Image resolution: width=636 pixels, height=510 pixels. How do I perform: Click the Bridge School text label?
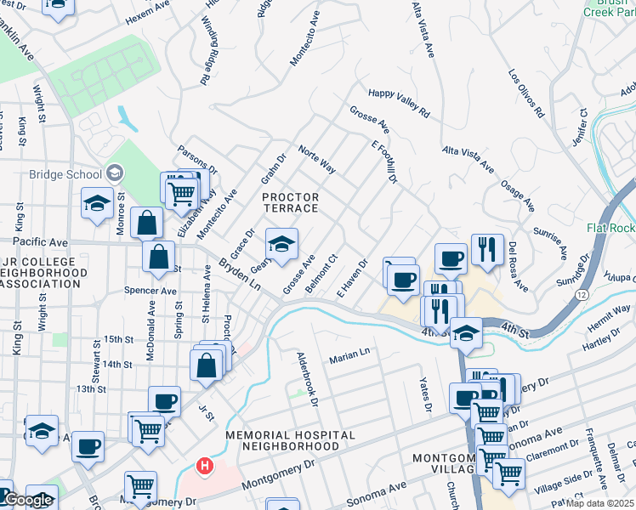click(65, 175)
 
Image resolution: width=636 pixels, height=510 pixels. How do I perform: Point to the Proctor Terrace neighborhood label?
click(290, 203)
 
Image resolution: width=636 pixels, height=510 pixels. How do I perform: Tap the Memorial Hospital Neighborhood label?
click(291, 440)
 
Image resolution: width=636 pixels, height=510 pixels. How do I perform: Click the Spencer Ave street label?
click(152, 291)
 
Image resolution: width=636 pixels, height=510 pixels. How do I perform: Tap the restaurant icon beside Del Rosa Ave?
click(487, 249)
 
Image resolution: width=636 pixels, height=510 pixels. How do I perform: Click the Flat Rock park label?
click(610, 228)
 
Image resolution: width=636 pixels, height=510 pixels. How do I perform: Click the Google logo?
click(27, 501)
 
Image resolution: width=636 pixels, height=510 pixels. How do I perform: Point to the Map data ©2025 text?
click(600, 503)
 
